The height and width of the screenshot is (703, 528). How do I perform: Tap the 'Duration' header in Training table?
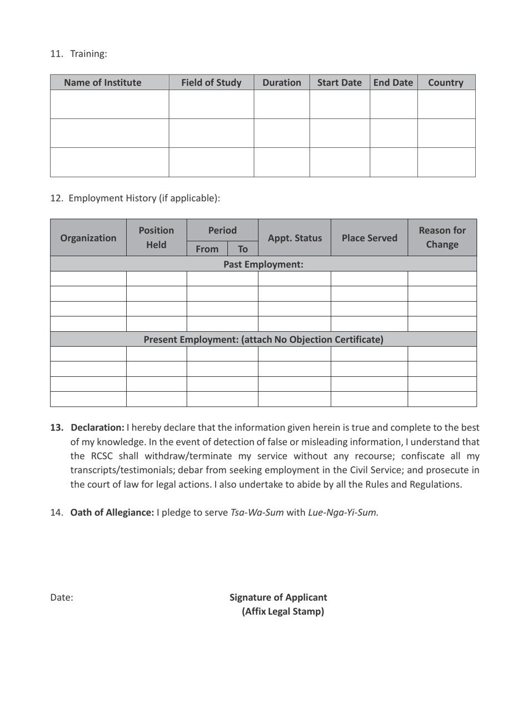pos(281,83)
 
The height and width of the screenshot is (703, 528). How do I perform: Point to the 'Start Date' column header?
pos(339,83)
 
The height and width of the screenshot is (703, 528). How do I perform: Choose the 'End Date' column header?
pos(393,83)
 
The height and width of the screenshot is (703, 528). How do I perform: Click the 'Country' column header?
pos(446,83)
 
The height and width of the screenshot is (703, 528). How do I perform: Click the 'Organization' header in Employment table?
pos(88,237)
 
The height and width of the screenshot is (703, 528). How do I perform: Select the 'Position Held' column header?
pos(157,237)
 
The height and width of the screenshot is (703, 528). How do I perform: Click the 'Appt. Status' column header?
pos(294,237)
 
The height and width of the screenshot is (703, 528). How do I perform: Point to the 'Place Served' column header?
pos(369,237)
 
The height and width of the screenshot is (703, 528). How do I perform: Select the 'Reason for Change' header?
pos(442,237)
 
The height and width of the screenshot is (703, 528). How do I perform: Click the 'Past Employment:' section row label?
pos(263,264)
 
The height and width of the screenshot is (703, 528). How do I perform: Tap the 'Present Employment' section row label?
pos(263,338)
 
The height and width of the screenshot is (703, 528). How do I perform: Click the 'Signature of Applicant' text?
pos(278,597)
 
